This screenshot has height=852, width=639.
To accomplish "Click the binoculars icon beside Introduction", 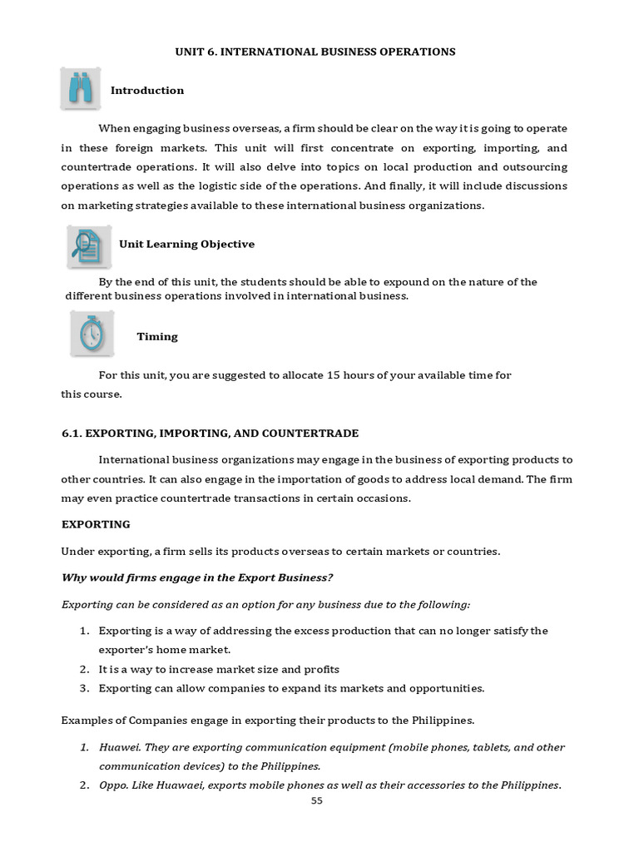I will pos(81,89).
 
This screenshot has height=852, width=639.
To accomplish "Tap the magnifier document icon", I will pos(89,245).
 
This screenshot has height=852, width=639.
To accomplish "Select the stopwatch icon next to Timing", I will pos(92,334).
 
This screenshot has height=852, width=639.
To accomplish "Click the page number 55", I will pos(315,800).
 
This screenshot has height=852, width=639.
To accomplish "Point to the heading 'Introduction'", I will pos(147,91).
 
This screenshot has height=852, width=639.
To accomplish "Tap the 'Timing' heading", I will pos(157,337).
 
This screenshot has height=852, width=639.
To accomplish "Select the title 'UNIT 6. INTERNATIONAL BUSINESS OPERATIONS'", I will pos(315,52).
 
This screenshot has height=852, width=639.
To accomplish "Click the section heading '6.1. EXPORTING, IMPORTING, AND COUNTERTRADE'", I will pos(211,433).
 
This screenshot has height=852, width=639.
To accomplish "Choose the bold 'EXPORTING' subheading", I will pos(96,525).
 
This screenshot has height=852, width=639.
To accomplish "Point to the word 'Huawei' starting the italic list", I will pos(116,747).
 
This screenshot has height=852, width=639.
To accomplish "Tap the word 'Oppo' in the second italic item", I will pos(111,785).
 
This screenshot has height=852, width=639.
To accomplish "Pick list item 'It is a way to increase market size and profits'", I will pos(219,670).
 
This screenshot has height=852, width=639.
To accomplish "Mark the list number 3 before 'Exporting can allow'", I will pos(84,689).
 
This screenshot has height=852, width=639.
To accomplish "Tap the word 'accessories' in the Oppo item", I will pos(408,785).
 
